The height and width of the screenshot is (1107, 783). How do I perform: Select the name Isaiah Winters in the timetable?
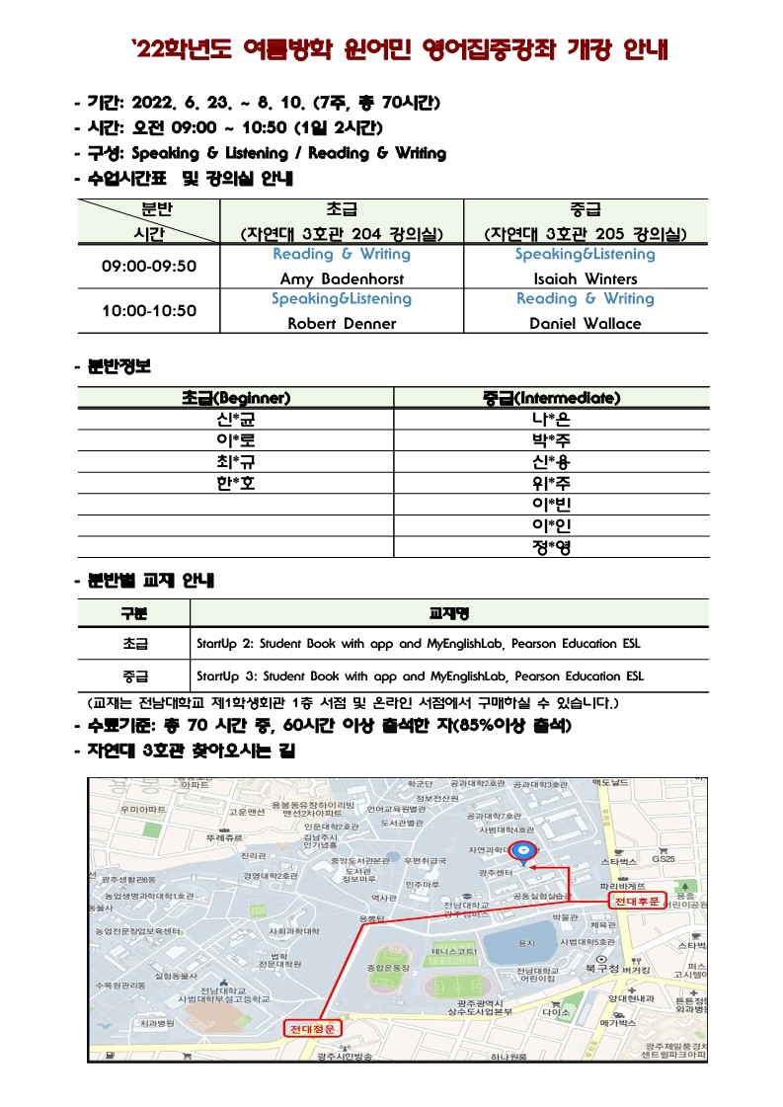pos(585,278)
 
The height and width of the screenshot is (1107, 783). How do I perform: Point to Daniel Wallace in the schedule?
pos(585,323)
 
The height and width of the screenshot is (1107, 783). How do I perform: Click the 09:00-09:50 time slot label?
pos(149,267)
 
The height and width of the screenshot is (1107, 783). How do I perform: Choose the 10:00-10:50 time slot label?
pos(149,311)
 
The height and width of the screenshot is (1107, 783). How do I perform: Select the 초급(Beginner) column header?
pos(235,398)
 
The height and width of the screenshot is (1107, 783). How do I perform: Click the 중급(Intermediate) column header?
pos(551,398)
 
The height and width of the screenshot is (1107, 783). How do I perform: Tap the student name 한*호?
pos(235,484)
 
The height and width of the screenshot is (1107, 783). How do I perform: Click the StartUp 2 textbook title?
pos(419,644)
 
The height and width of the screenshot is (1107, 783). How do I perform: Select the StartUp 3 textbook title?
pos(419,677)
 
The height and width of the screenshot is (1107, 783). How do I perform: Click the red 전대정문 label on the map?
pos(313,1029)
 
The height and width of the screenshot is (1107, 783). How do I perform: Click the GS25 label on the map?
pos(663,859)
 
